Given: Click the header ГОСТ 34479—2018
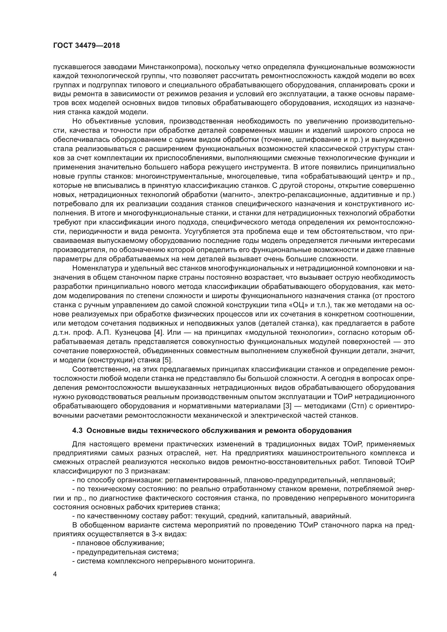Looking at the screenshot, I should pyautogui.click(x=86, y=46).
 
